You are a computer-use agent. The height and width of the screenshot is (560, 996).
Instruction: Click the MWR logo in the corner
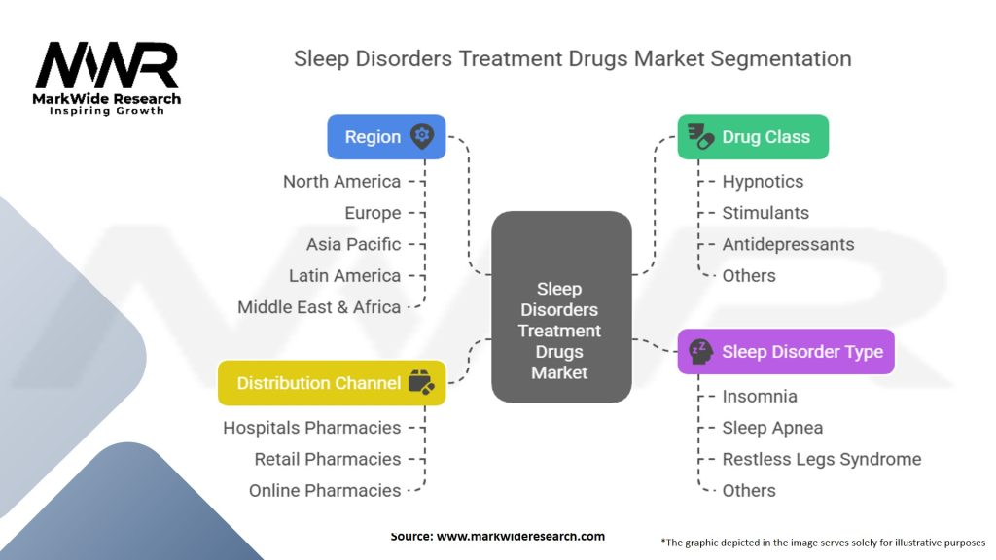tap(107, 78)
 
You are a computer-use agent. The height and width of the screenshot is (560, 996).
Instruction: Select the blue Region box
tap(386, 136)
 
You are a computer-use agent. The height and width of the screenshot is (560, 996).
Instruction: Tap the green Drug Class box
tap(753, 136)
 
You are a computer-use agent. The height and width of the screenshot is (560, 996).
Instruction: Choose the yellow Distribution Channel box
tap(332, 383)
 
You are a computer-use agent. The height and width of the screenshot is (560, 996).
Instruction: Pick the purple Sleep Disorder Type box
tap(786, 351)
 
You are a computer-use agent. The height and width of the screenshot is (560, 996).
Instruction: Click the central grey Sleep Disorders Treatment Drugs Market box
tap(561, 306)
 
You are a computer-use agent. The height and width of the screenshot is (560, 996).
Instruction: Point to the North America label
tap(341, 182)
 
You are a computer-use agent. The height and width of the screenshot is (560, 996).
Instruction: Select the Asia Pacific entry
tap(353, 244)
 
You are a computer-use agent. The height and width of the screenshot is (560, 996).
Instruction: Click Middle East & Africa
tap(319, 307)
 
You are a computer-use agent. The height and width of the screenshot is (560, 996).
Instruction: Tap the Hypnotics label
tap(763, 182)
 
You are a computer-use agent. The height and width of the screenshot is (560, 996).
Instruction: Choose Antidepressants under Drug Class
tap(788, 244)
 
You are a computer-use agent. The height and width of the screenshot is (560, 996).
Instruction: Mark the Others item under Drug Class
tap(749, 275)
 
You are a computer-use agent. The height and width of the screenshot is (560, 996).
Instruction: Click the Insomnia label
tap(760, 397)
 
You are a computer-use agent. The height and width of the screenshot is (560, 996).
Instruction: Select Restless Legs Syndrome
tap(821, 459)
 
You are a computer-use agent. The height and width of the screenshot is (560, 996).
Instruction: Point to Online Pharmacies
tap(325, 491)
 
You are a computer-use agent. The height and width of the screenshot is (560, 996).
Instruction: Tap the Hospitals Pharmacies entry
tap(312, 428)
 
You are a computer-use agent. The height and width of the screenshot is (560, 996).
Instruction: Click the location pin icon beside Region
tap(422, 136)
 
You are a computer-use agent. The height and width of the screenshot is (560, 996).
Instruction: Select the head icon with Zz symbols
tap(700, 351)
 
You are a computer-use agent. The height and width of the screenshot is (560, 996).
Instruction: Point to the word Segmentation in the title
tap(781, 59)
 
